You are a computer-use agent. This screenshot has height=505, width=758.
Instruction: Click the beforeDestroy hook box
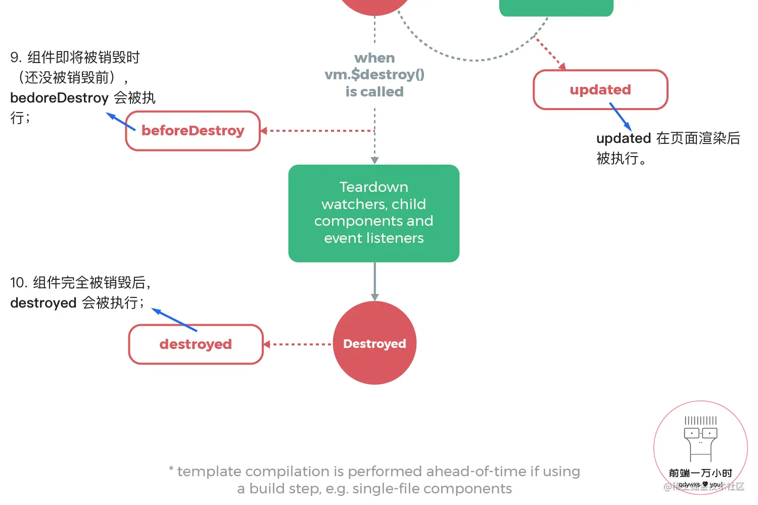pos(193,131)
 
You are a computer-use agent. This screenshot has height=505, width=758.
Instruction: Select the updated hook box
pos(600,90)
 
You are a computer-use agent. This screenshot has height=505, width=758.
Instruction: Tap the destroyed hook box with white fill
pos(196,344)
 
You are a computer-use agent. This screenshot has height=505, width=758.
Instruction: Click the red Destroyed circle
pos(374,343)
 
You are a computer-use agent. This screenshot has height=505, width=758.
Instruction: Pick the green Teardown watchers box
pos(374,213)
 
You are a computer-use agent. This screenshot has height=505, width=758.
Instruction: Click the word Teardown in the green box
pos(374,187)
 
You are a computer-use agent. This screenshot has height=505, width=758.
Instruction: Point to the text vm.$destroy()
pos(374,75)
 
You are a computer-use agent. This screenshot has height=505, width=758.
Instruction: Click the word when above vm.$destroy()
pos(374,58)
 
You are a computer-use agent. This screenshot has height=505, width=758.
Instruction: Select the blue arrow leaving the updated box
pos(621,117)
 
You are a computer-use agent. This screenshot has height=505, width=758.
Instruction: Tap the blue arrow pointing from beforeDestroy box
pos(121,122)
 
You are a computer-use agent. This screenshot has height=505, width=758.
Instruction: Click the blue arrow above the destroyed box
pos(174,320)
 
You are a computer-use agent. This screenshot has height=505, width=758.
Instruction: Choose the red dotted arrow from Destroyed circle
pos(298,344)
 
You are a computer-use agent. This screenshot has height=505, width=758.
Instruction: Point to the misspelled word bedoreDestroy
pos(59,98)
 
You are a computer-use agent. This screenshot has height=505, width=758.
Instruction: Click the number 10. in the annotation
pos(18,283)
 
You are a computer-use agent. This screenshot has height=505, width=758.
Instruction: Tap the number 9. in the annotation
pos(16,58)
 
